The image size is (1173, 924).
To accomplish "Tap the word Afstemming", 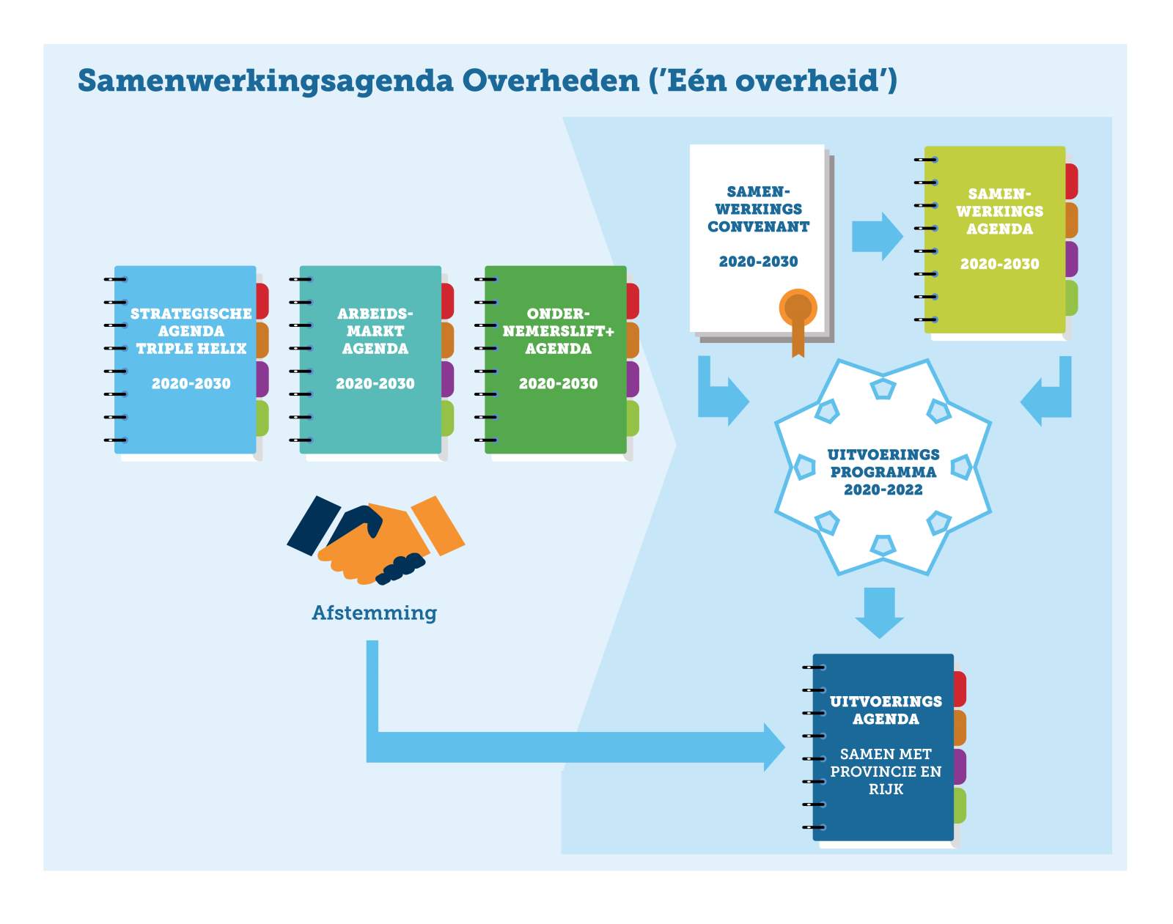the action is [375, 613].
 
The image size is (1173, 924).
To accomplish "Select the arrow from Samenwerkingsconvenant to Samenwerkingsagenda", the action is [877, 237].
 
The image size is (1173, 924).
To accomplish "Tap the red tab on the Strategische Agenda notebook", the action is [262, 300].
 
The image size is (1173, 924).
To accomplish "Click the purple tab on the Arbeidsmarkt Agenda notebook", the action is [447, 379].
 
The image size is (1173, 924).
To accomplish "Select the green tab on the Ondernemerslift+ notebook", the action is [633, 418].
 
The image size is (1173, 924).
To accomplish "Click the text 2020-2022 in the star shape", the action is [883, 489].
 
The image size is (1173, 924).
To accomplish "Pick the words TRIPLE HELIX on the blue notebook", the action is [191, 349].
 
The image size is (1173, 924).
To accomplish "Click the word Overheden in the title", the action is [551, 81].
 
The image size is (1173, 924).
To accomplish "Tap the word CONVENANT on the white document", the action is [758, 226].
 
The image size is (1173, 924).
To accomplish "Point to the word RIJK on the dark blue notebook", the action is [886, 789].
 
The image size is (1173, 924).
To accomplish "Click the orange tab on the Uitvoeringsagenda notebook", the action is [960, 728].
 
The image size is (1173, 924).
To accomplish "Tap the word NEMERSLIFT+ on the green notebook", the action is [558, 331].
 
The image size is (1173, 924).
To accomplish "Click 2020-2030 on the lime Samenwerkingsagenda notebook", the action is [1000, 265].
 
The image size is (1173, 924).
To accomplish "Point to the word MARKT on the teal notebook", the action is [375, 331].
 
